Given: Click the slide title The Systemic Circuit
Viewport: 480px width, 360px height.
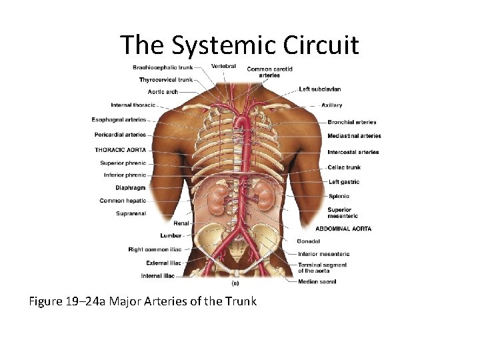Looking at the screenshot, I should (239, 45).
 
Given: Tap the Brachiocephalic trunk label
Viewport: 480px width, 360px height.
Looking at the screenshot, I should (163, 67).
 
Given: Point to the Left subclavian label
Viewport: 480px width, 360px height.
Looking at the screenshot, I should (320, 89).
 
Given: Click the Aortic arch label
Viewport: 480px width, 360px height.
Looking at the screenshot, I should (163, 91).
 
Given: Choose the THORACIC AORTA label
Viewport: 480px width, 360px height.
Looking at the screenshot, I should (120, 150).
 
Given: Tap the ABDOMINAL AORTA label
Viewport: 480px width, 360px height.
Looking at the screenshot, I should (343, 229).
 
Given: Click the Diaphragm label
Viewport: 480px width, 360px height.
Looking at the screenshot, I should (130, 188).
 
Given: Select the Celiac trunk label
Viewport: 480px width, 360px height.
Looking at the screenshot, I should (344, 167).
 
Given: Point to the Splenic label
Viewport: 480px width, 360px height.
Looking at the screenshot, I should (339, 196).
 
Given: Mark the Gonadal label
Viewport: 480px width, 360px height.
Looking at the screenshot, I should (309, 241).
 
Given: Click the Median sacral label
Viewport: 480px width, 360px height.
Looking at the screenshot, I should (317, 281).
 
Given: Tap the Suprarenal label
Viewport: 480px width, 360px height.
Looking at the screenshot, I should (131, 213).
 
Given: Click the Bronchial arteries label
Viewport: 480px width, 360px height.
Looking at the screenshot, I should (352, 122).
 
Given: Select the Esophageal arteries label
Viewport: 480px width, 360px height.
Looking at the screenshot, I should (119, 120).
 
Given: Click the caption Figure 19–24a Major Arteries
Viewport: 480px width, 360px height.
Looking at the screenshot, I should (143, 301).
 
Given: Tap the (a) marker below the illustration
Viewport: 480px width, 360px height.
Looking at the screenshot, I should (235, 282).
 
